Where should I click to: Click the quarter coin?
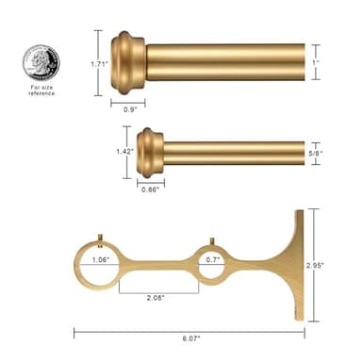pyautogui.click(x=41, y=63)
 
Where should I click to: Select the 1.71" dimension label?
pyautogui.click(x=84, y=62)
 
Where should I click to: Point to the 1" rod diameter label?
pyautogui.click(x=329, y=62)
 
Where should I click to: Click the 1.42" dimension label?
pyautogui.click(x=122, y=152)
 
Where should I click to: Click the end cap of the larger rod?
pyautogui.click(x=128, y=62)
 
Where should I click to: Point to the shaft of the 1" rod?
pyautogui.click(x=226, y=62)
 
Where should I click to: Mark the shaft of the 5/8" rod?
pyautogui.click(x=236, y=153)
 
